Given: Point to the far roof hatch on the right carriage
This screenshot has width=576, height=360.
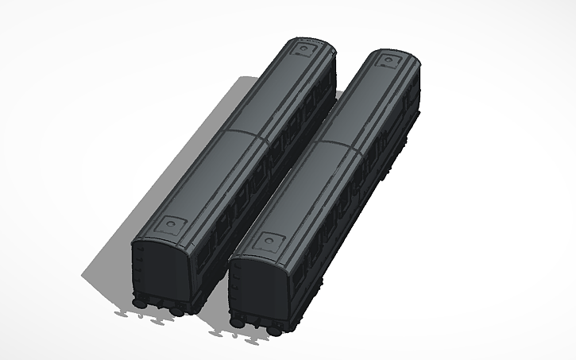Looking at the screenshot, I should pyautogui.click(x=389, y=60).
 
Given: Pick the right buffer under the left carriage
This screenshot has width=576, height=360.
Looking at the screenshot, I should pyautogui.click(x=176, y=309).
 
